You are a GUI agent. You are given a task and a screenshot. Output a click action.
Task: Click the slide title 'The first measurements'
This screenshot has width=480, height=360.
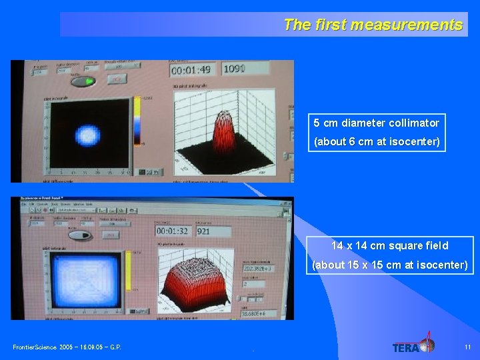[x=373, y=25]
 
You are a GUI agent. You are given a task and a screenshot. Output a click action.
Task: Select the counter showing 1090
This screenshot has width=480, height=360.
[x=238, y=69]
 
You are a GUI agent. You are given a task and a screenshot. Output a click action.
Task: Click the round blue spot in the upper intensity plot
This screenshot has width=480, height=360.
[x=87, y=135]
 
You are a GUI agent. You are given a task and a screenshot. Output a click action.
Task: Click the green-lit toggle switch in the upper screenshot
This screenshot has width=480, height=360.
[x=83, y=81]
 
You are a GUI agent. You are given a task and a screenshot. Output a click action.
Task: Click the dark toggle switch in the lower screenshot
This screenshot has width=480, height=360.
[x=80, y=235]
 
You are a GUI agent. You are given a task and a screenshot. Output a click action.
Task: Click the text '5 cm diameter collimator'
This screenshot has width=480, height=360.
[x=377, y=123]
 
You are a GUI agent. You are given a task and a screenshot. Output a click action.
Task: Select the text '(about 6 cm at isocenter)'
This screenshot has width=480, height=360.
[x=377, y=142]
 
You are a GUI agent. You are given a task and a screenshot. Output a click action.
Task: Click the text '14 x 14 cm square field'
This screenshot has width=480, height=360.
[x=390, y=245]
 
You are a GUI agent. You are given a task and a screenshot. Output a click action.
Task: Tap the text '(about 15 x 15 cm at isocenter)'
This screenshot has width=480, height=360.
[x=390, y=265]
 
